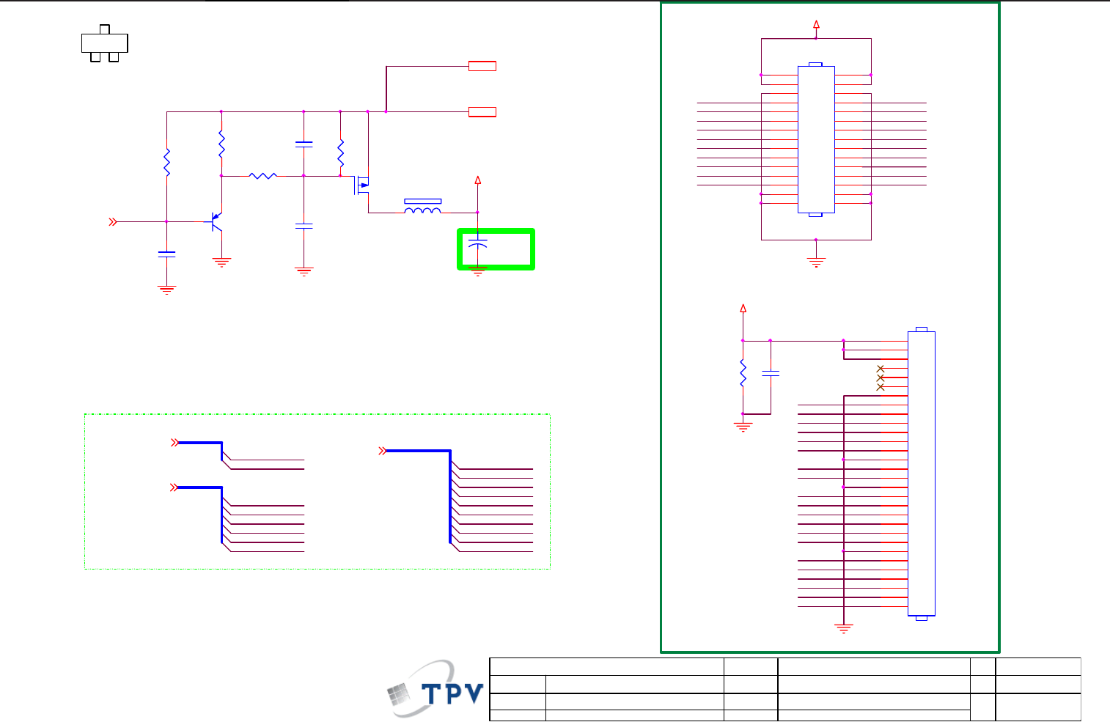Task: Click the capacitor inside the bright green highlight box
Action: pyautogui.click(x=477, y=243)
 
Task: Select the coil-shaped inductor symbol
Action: pyautogui.click(x=423, y=211)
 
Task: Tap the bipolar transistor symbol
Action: pyautogui.click(x=216, y=221)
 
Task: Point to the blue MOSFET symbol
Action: pyautogui.click(x=362, y=185)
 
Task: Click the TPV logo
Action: pyautogui.click(x=435, y=690)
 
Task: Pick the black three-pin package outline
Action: pyautogui.click(x=104, y=43)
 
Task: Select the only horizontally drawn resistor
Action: pyautogui.click(x=262, y=176)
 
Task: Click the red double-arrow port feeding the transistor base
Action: pyautogui.click(x=113, y=221)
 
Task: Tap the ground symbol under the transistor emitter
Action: pyautogui.click(x=221, y=262)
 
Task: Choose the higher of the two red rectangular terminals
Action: pyautogui.click(x=482, y=66)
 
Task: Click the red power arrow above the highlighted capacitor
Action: pyautogui.click(x=478, y=180)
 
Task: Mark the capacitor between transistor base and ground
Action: pyautogui.click(x=167, y=254)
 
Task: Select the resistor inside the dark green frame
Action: pyautogui.click(x=743, y=373)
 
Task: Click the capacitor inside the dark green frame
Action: pyautogui.click(x=770, y=373)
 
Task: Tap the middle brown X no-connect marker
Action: pyautogui.click(x=881, y=377)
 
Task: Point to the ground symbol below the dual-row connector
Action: pyautogui.click(x=816, y=262)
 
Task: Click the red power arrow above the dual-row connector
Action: pyautogui.click(x=816, y=24)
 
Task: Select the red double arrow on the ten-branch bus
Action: pyautogui.click(x=382, y=451)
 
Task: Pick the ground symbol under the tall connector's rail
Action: pyautogui.click(x=844, y=628)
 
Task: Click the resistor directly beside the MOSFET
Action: pyautogui.click(x=340, y=153)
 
